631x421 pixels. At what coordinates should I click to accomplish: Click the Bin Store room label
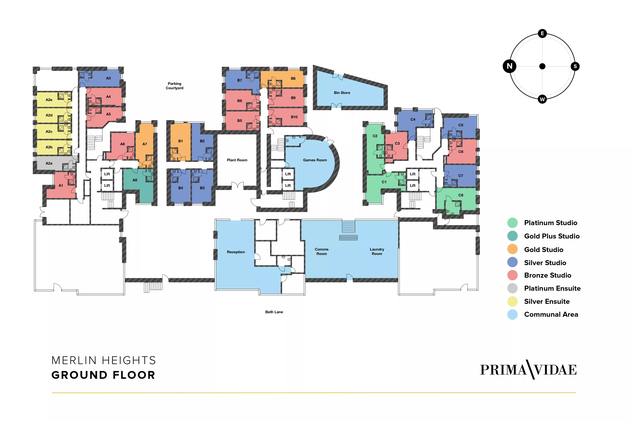point(342,93)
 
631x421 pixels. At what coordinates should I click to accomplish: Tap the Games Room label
point(315,160)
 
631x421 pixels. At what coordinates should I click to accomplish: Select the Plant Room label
point(237,160)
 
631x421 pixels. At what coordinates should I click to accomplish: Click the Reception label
point(236,252)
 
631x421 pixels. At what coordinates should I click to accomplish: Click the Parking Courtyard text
point(175,86)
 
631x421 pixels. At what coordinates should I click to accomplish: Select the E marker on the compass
point(542,34)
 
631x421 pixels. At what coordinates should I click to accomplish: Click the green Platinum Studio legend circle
point(512,223)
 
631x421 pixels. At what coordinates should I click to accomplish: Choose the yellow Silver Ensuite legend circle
point(512,301)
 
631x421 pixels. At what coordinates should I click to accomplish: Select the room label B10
point(294,117)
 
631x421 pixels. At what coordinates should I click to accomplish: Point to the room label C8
point(461,195)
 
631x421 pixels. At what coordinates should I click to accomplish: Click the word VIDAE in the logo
point(555,370)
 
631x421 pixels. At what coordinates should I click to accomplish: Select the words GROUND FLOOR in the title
point(103,375)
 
